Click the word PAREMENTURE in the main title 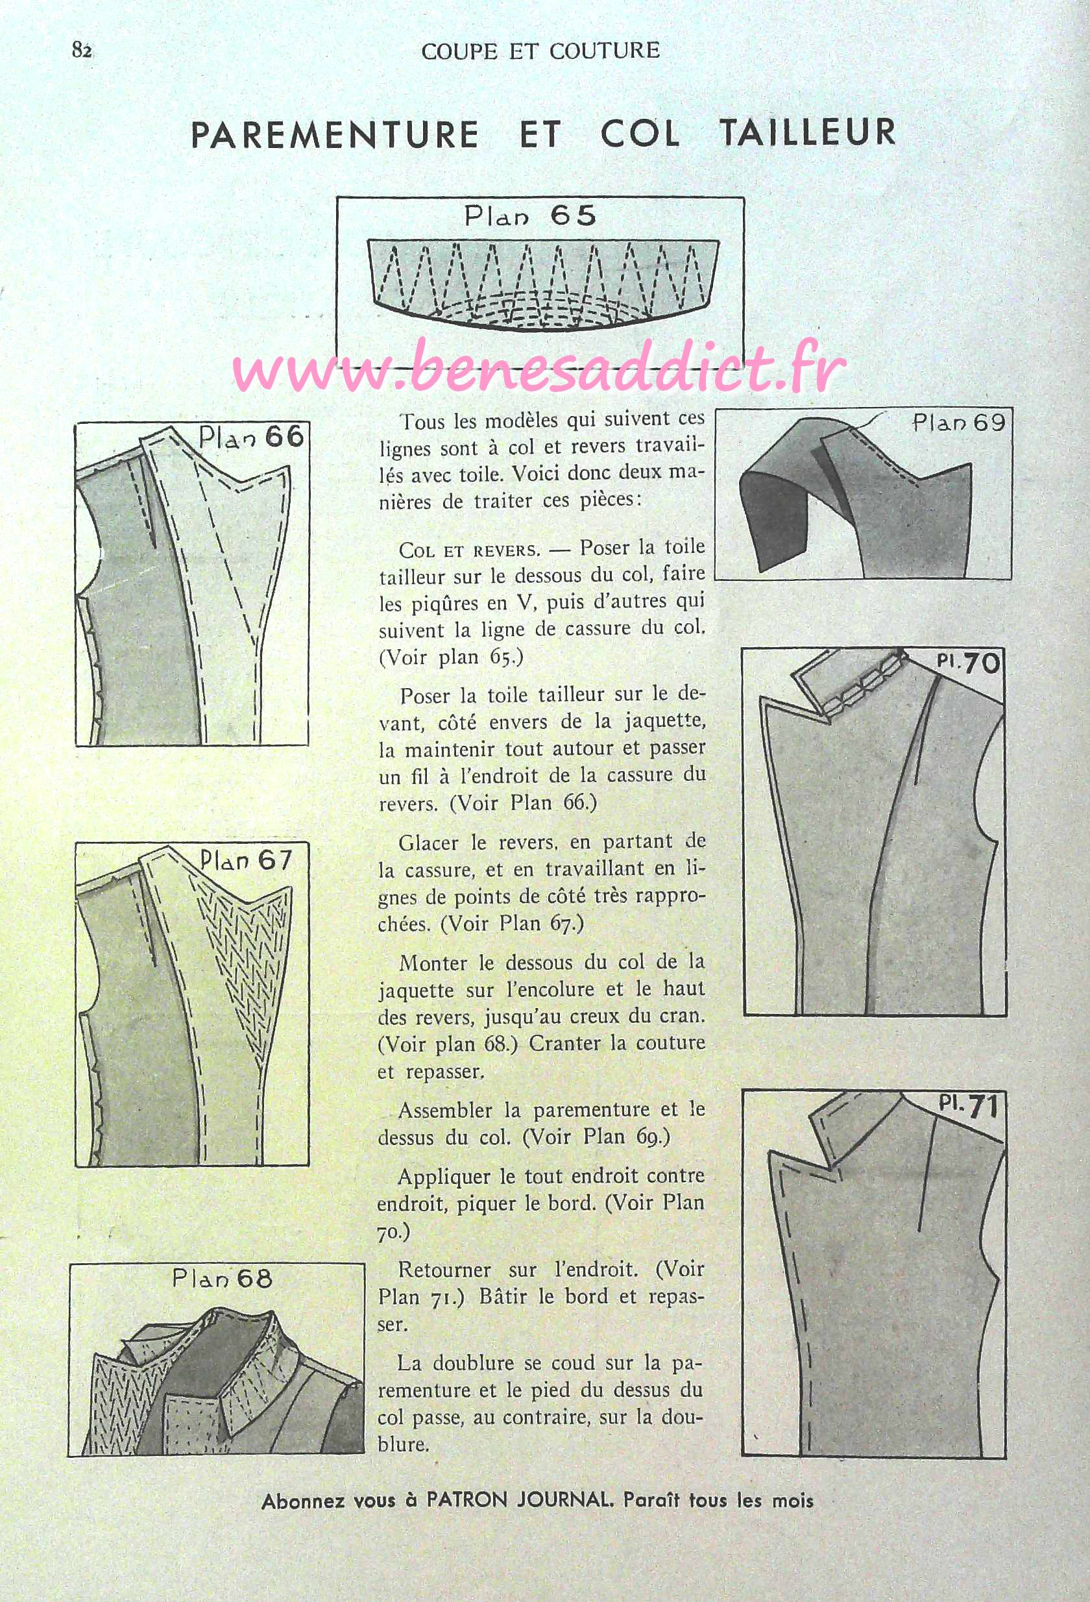334,134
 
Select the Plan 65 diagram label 530,216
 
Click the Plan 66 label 251,437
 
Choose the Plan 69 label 958,422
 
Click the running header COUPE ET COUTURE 541,51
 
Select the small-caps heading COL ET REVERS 469,550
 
